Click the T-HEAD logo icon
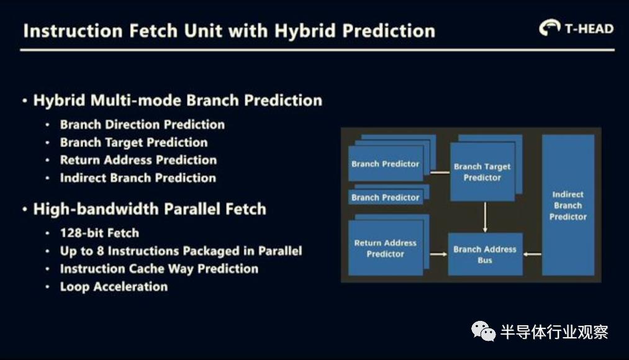tap(550, 27)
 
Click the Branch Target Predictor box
tap(482, 171)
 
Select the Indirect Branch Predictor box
tap(568, 205)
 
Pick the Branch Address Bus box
tap(485, 254)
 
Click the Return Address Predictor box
tap(386, 248)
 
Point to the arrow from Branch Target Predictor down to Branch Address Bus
tap(485, 217)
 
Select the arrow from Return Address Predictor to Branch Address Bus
tap(438, 254)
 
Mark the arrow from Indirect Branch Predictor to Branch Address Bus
tap(532, 254)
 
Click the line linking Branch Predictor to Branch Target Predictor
tap(440, 173)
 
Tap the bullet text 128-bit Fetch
tap(99, 233)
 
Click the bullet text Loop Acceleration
tap(114, 287)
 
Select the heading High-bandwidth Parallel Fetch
tap(150, 209)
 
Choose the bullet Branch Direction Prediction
tap(142, 125)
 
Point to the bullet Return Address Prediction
tap(138, 160)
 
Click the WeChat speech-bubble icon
tap(483, 331)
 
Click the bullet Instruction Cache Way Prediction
tap(159, 269)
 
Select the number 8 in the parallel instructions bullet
tap(101, 251)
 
